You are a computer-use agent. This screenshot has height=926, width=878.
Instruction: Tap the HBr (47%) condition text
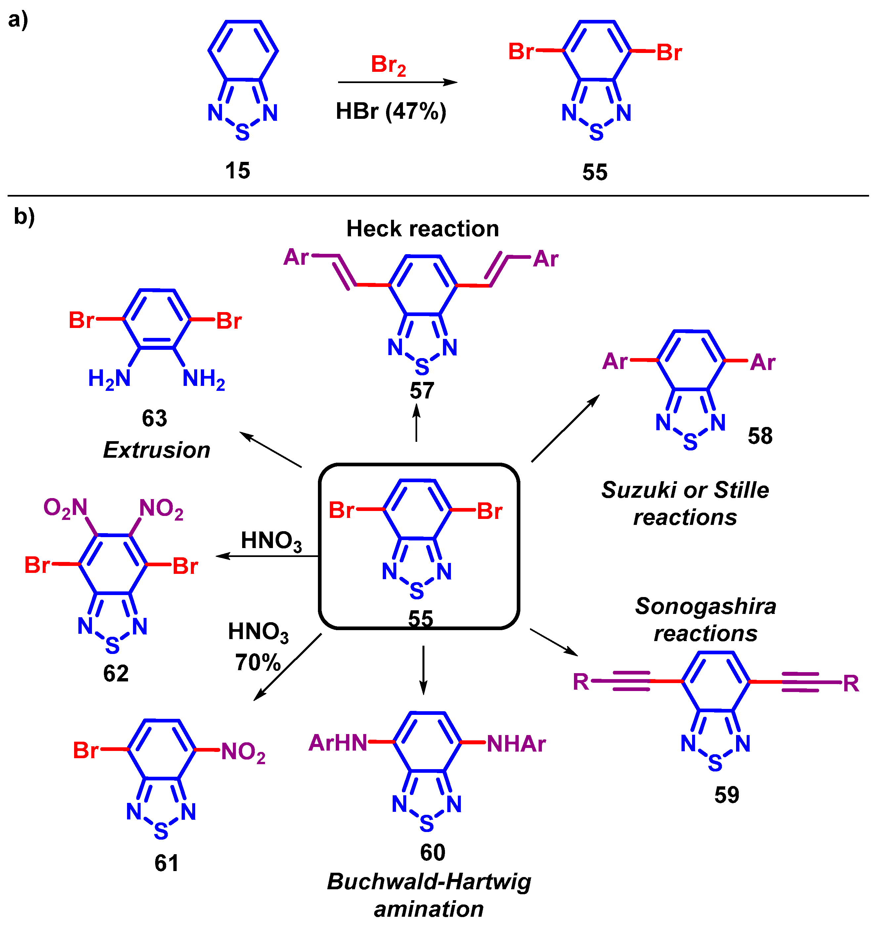tap(391, 112)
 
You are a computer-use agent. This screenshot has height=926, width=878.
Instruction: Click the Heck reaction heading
tap(422, 229)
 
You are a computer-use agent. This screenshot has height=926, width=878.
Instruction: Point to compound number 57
tap(422, 391)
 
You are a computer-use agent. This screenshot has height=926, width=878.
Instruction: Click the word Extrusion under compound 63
tap(156, 450)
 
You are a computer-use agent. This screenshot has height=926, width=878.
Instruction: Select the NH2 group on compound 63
tap(203, 379)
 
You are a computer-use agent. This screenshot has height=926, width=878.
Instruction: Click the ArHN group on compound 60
tap(338, 743)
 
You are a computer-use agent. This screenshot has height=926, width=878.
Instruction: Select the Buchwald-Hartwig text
tap(429, 882)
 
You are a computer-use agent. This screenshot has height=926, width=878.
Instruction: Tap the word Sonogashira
tap(705, 606)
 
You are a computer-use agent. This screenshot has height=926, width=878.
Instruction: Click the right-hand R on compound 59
tap(851, 683)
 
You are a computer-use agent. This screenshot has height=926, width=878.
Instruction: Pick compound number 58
tap(760, 436)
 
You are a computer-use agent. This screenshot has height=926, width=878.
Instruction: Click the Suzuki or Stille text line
tap(685, 490)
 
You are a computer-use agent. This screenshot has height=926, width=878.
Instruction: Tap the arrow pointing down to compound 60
tap(423, 670)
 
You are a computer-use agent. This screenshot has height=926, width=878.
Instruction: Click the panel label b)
tap(24, 216)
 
